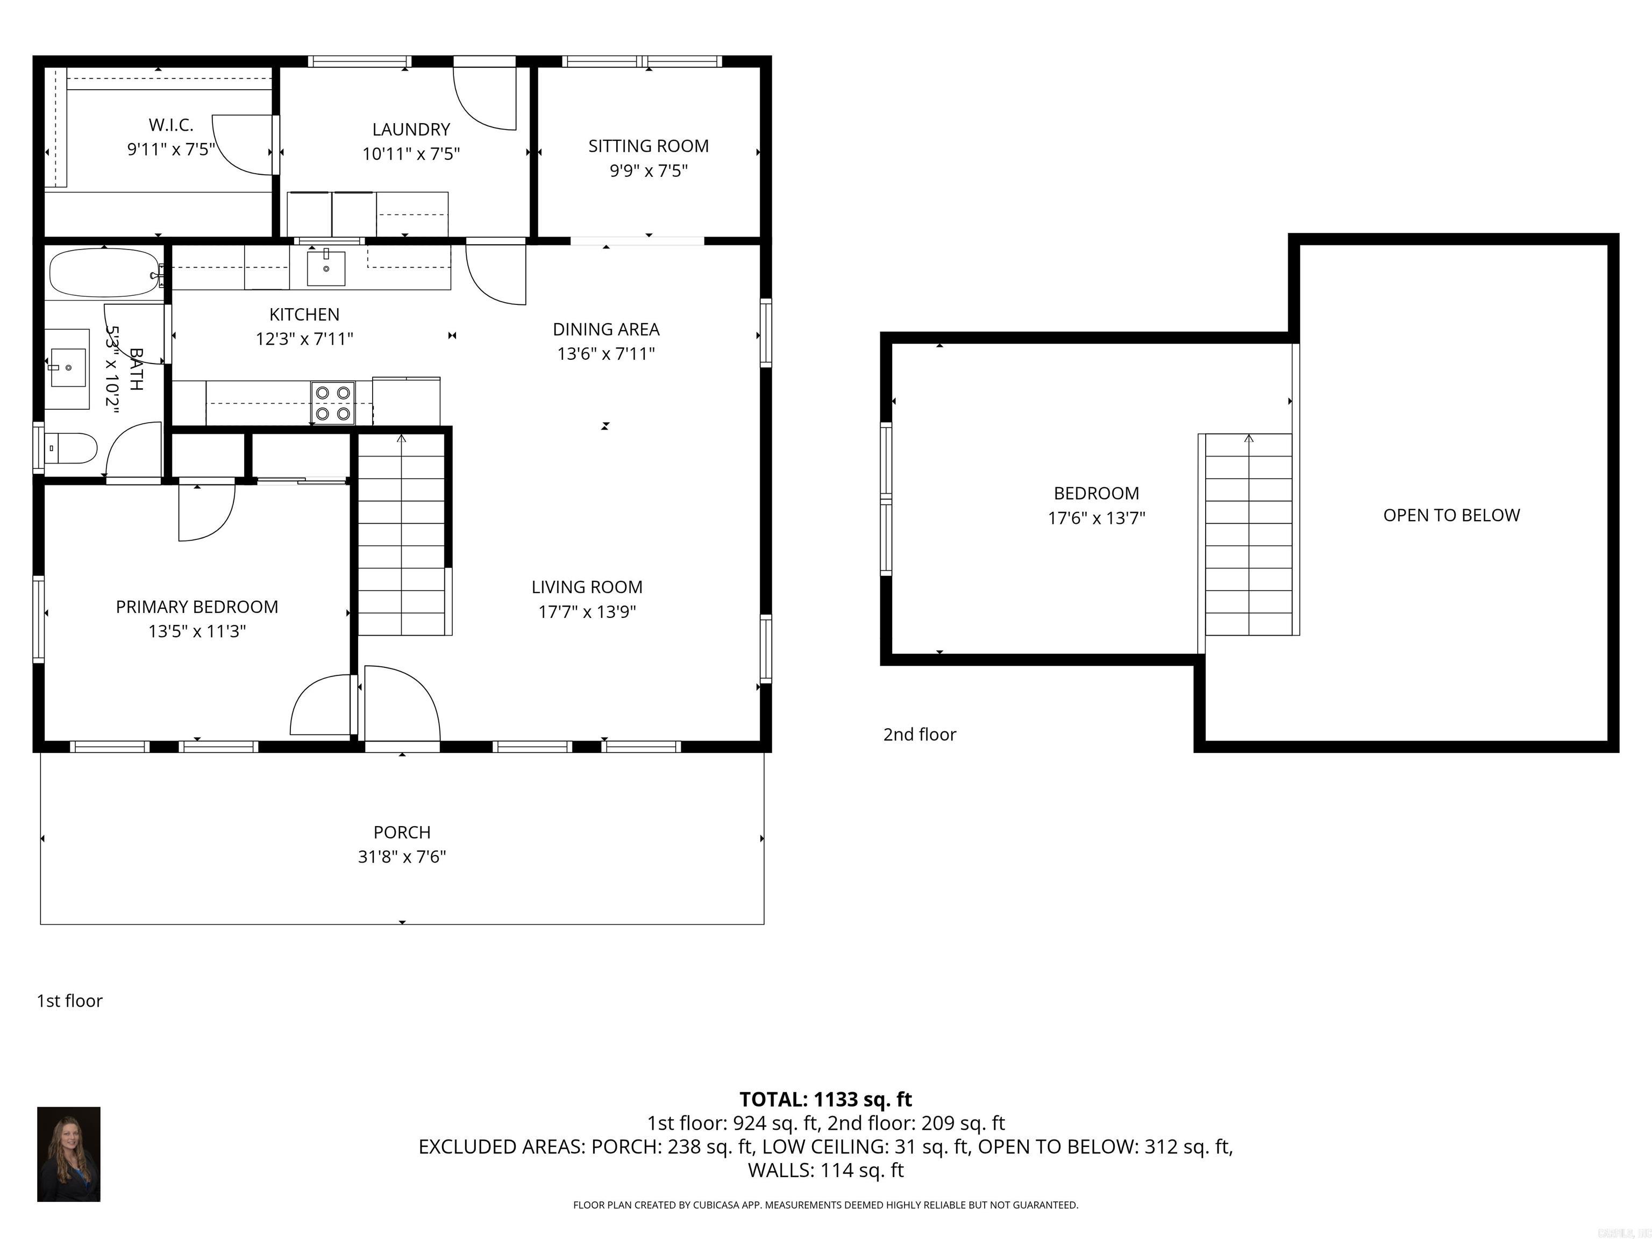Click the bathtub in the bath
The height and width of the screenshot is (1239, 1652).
(104, 273)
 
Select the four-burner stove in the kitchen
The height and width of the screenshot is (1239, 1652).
(333, 403)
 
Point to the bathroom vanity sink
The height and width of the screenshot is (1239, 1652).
(67, 367)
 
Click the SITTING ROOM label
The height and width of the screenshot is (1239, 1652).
(648, 146)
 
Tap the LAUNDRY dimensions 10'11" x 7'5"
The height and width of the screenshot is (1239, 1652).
(411, 154)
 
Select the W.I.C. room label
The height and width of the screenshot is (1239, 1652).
(171, 125)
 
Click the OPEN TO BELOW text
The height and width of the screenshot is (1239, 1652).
(1451, 515)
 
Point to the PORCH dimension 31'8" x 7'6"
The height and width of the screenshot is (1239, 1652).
(402, 857)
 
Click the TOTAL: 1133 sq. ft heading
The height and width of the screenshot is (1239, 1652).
(825, 1099)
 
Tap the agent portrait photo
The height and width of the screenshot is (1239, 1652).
(69, 1154)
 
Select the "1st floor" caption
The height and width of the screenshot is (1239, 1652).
(69, 1001)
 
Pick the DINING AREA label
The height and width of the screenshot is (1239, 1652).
(606, 329)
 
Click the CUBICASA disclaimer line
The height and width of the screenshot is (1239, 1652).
(825, 1205)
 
